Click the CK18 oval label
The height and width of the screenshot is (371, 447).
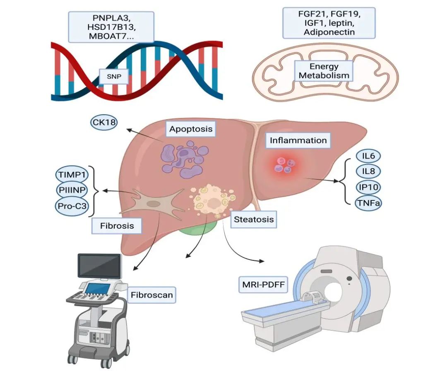click(x=103, y=122)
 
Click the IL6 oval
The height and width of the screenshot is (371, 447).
click(x=368, y=156)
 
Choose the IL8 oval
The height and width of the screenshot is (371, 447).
click(x=368, y=171)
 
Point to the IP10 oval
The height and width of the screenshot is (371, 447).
click(x=368, y=187)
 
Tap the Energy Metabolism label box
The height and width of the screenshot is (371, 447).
click(x=324, y=71)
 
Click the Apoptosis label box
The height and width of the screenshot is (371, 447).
click(x=191, y=129)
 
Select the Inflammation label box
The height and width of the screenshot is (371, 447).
click(x=298, y=140)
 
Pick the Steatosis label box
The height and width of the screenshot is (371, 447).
click(x=253, y=219)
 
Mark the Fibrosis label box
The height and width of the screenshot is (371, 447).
click(x=117, y=226)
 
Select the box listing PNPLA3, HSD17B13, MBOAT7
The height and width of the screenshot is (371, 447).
click(x=111, y=26)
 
